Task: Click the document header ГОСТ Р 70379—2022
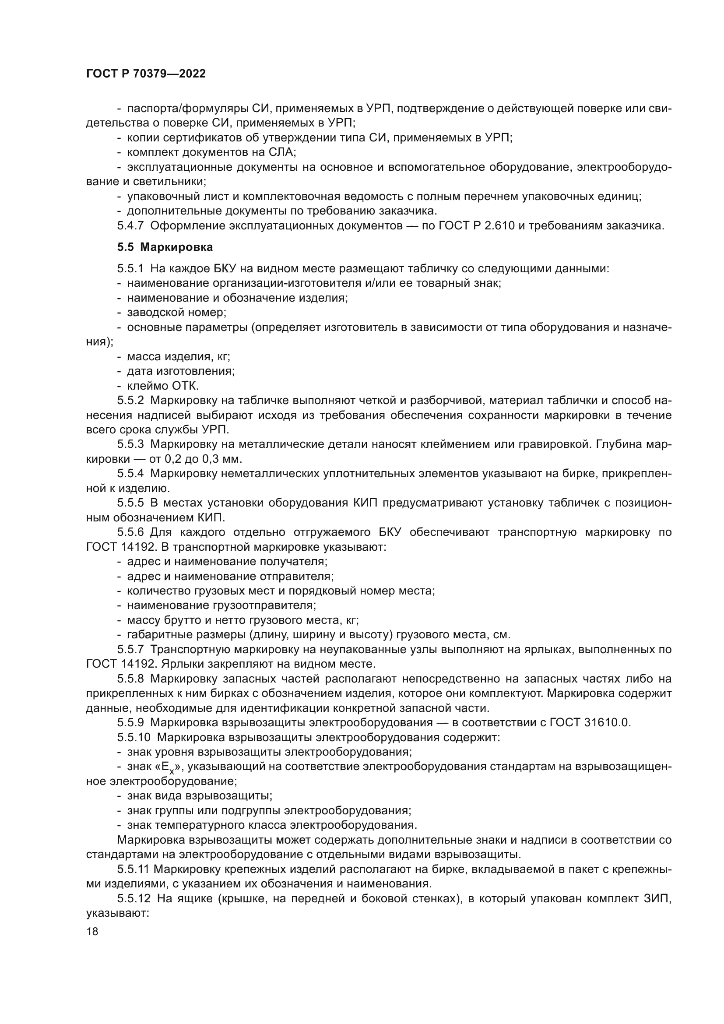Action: coord(146,74)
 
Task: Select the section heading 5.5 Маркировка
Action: coord(165,247)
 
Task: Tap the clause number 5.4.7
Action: coord(130,225)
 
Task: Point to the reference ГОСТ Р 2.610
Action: coord(477,225)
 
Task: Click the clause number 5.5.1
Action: coord(130,268)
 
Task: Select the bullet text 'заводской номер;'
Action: coord(176,313)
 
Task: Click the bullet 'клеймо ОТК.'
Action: coord(163,386)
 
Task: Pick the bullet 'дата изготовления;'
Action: coord(180,371)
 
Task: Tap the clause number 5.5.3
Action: coord(130,444)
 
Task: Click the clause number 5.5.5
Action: coord(130,503)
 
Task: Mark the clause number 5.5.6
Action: coord(130,532)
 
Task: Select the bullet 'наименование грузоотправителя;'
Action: coord(221,605)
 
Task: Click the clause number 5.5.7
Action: coord(130,649)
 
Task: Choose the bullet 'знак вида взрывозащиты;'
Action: coord(199,795)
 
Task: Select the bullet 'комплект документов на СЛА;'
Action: coord(211,152)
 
